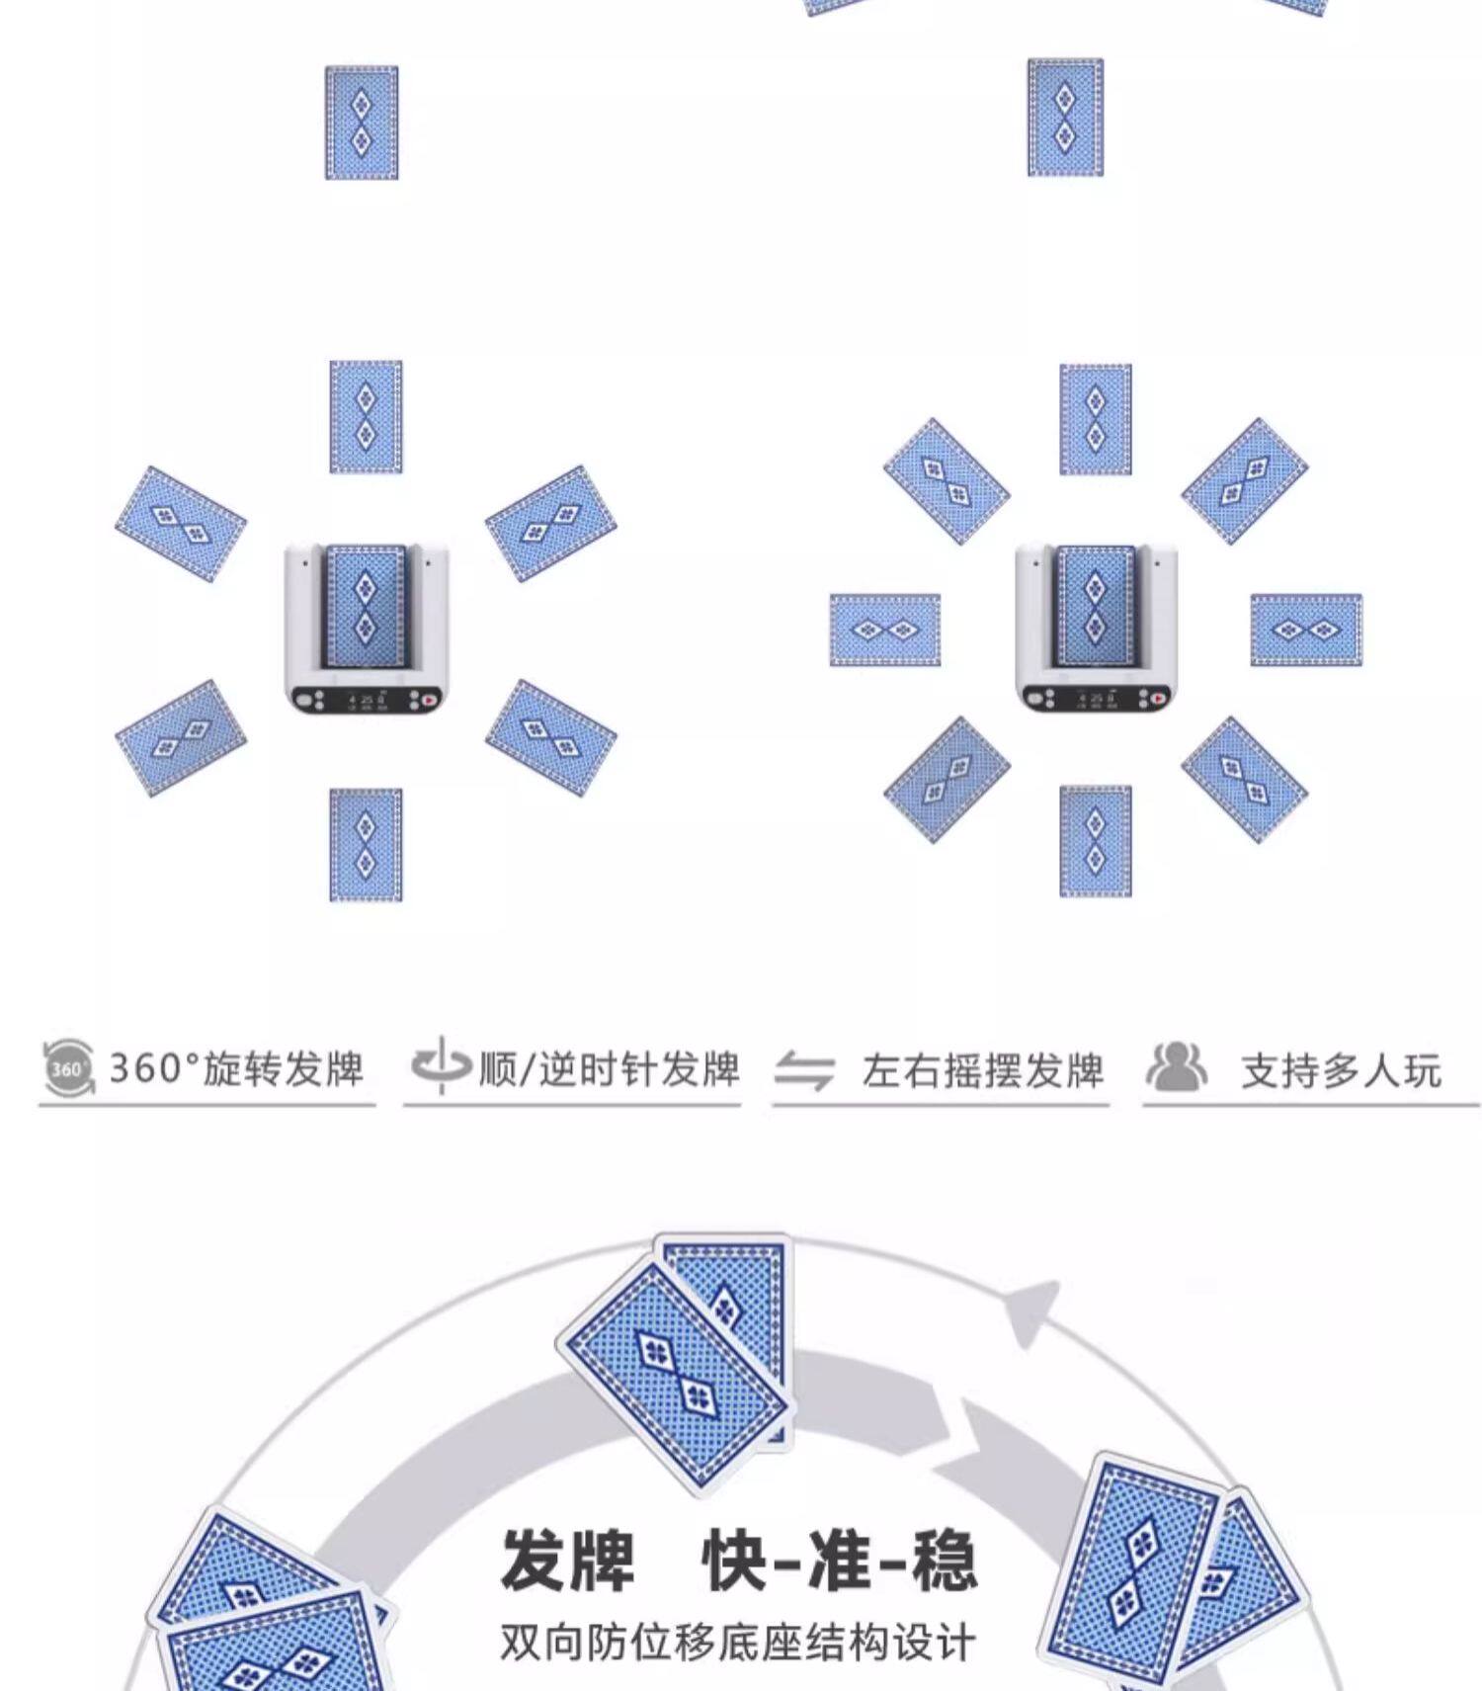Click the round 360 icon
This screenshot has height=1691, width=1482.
coord(68,1067)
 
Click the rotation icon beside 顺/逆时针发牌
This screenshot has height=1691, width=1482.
coord(440,1065)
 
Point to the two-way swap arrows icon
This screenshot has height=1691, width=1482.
coord(804,1070)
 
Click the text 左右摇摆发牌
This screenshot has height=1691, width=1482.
coord(982,1070)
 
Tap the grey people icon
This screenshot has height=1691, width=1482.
coord(1176,1066)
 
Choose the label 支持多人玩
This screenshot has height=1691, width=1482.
coord(1341,1070)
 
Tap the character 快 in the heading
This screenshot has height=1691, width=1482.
coord(735,1561)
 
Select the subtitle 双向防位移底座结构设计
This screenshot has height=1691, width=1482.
coord(737,1643)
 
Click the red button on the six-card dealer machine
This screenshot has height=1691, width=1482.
coord(429,700)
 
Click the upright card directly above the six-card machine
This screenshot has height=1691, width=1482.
coord(366,417)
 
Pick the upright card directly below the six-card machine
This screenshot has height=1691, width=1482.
coord(366,845)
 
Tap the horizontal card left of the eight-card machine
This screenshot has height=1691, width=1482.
coord(885,631)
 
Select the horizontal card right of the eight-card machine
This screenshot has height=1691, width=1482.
coord(1306,631)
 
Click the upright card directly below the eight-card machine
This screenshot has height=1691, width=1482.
coord(1096,841)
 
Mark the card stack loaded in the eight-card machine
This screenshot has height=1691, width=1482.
coord(1095,605)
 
